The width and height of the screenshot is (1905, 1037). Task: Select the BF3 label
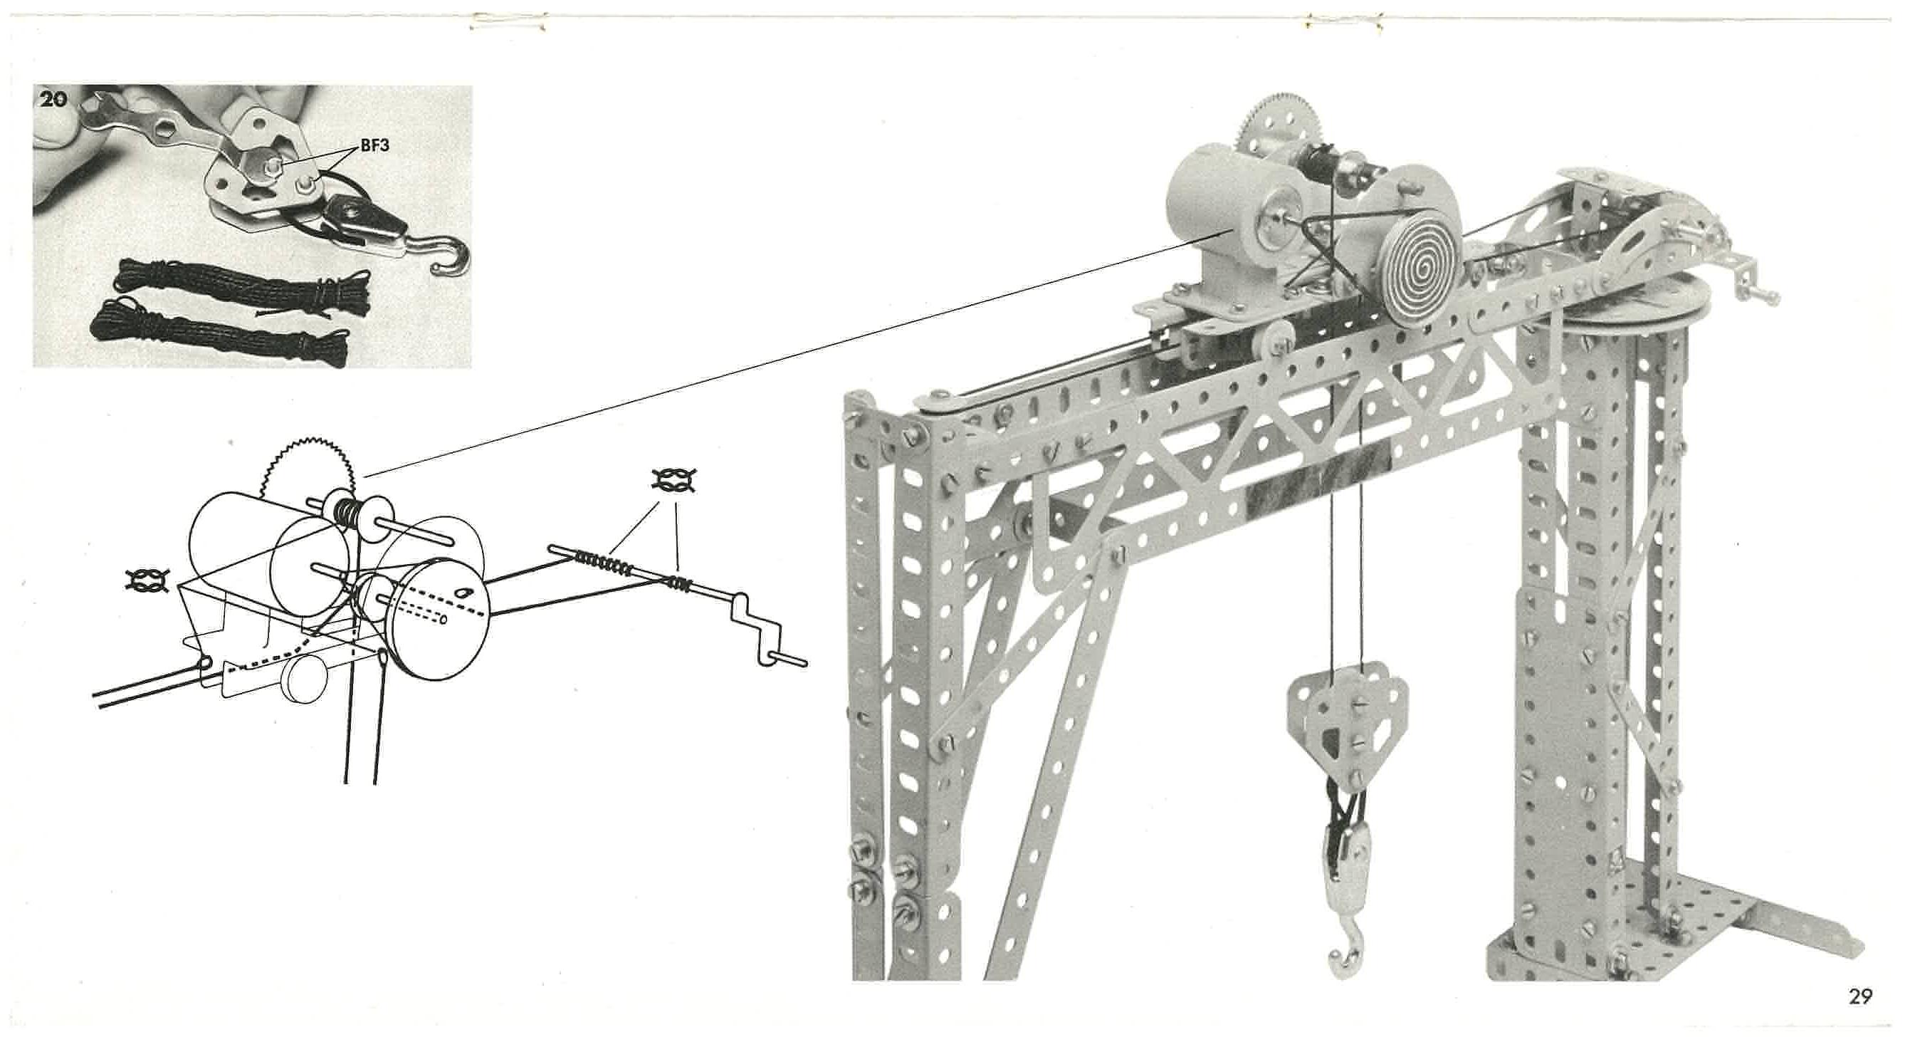coord(375,146)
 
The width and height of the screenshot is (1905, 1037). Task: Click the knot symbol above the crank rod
coord(673,481)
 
